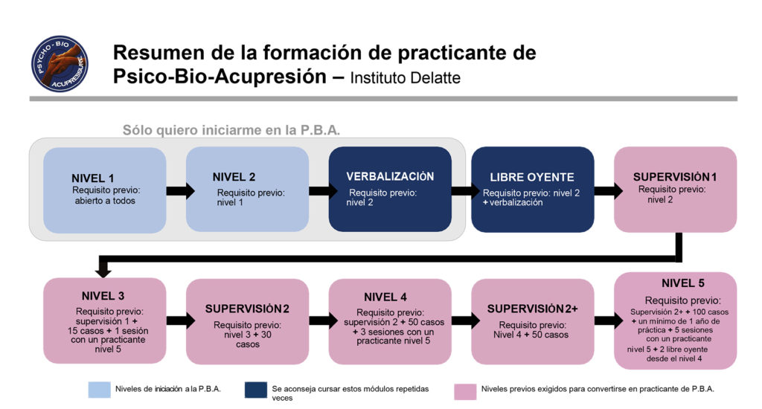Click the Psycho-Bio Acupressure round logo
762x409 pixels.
pyautogui.click(x=60, y=64)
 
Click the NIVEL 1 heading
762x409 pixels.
pyautogui.click(x=93, y=178)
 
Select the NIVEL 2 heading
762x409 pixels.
pyautogui.click(x=234, y=177)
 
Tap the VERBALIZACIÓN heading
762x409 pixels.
pyautogui.click(x=389, y=177)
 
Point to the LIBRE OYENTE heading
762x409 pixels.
pyautogui.click(x=532, y=178)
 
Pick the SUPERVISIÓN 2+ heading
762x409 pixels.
pyautogui.click(x=533, y=309)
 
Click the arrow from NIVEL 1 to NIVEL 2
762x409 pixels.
pyautogui.click(x=176, y=191)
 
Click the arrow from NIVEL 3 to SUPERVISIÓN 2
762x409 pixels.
pyautogui.click(x=176, y=321)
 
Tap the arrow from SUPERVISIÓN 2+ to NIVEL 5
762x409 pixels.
pyautogui.click(x=604, y=321)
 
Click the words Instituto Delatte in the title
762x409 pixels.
pyautogui.click(x=406, y=77)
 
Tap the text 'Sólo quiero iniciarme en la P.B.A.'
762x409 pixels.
pyautogui.click(x=231, y=130)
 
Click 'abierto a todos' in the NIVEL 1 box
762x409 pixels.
pyautogui.click(x=104, y=201)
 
